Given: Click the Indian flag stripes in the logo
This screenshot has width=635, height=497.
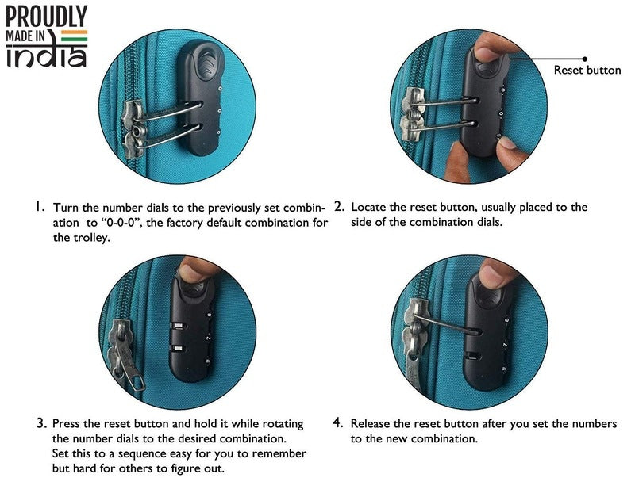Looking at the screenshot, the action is (74, 36).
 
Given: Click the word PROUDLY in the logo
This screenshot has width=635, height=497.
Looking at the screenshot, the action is (46, 16).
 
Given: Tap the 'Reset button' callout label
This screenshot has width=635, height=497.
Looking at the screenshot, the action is (587, 70).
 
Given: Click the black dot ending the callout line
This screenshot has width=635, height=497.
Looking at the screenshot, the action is (584, 59).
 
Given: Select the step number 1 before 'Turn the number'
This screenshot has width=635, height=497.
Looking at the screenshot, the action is (38, 207).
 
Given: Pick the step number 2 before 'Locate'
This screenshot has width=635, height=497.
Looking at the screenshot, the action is (339, 206).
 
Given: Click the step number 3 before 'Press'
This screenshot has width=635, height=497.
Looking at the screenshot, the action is (42, 423).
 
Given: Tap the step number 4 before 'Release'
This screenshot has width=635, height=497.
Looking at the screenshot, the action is (338, 423).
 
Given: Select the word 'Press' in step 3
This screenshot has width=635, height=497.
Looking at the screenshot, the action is (66, 424).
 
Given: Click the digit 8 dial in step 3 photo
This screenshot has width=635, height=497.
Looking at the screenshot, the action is (209, 315).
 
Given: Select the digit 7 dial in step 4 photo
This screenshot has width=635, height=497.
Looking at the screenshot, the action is (505, 345).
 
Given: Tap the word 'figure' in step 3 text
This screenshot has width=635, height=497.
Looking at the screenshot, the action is (186, 468).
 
